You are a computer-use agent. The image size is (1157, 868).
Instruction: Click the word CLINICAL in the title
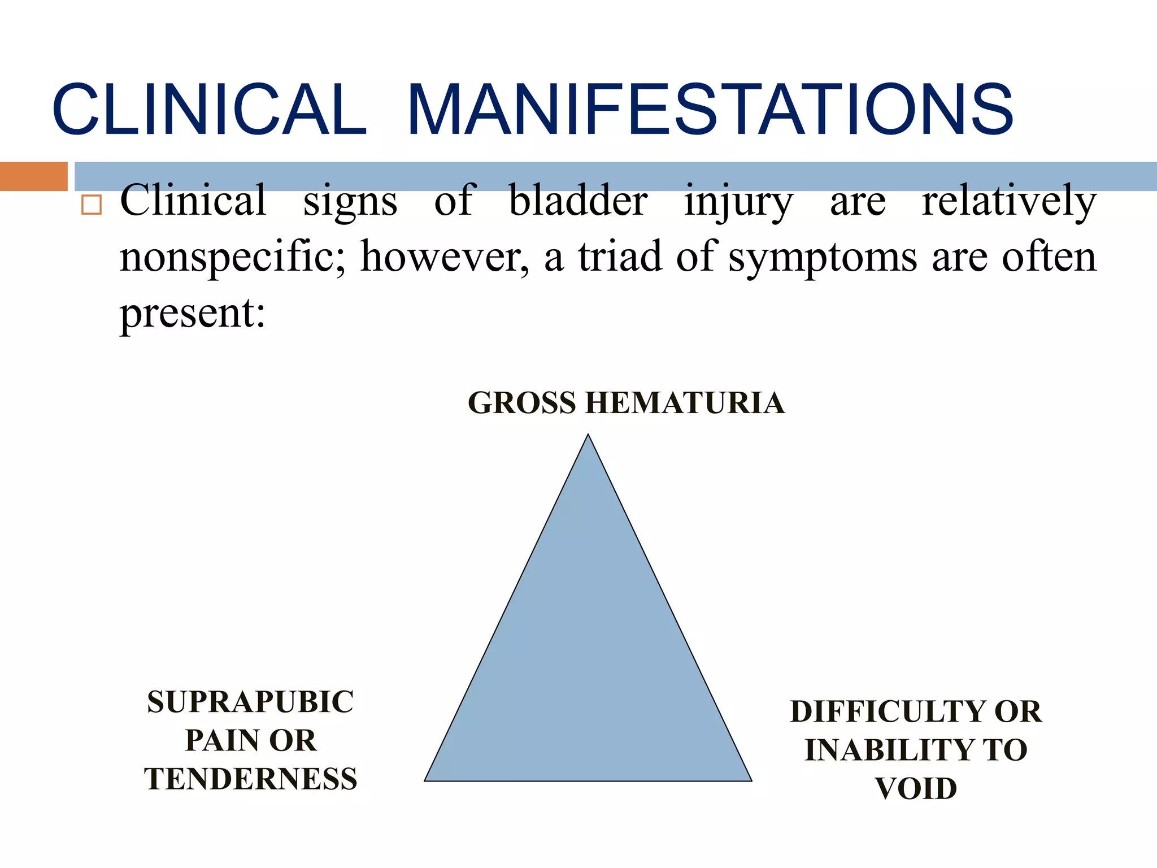click(209, 110)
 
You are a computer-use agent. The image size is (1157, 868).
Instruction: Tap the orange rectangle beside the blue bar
click(33, 176)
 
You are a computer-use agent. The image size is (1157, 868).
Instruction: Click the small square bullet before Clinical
click(92, 205)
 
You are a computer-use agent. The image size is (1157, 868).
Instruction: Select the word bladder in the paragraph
click(578, 201)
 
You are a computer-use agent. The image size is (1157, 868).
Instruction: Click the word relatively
click(1009, 201)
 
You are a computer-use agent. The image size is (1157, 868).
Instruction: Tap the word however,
click(445, 257)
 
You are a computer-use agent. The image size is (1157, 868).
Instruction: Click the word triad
click(620, 256)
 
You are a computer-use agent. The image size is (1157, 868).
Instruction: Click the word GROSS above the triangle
click(521, 403)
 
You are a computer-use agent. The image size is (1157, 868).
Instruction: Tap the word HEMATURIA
click(684, 403)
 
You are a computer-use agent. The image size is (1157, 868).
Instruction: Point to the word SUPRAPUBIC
click(250, 702)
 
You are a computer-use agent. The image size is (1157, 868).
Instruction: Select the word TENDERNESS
click(250, 779)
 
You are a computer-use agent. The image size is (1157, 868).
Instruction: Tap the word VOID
click(916, 788)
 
